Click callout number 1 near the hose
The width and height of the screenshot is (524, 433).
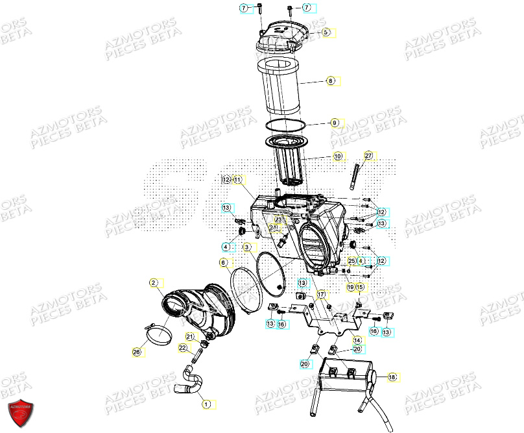click(206, 404)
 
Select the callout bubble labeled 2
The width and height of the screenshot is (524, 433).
click(154, 282)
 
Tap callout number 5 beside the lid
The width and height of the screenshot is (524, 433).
click(326, 32)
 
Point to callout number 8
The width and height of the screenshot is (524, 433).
click(330, 81)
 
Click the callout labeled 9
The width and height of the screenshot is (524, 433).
click(335, 123)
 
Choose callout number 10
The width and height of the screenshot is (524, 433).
click(337, 156)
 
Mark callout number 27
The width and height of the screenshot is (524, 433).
click(368, 156)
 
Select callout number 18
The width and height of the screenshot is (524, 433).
click(392, 377)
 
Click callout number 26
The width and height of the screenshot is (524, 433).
click(137, 352)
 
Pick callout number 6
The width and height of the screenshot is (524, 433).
click(224, 262)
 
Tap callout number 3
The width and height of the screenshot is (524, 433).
click(247, 247)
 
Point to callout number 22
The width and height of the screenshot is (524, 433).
click(183, 348)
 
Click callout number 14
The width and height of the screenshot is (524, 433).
click(356, 340)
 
